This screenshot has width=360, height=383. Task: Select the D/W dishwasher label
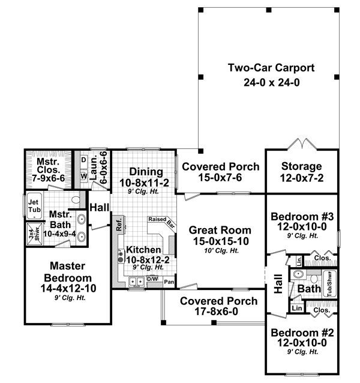point(152,279)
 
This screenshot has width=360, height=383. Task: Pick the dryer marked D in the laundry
point(84,160)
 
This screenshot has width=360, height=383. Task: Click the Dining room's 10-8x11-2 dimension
point(143,182)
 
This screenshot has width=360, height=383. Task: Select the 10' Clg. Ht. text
point(220,250)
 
